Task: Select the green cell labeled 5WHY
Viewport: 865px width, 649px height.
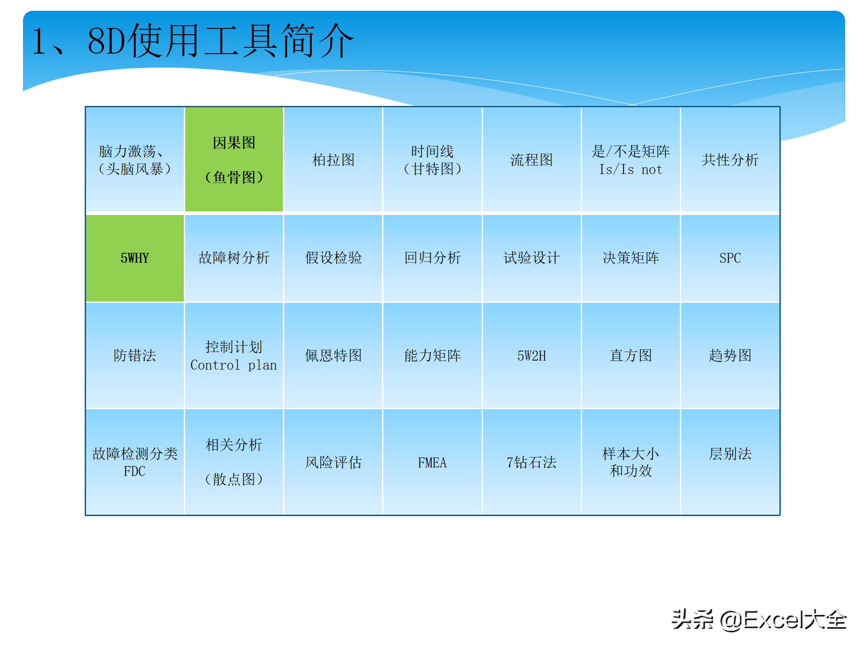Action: pyautogui.click(x=135, y=258)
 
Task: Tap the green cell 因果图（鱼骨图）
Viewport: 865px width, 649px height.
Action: pyautogui.click(x=234, y=159)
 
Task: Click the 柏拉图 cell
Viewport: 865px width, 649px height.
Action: pyautogui.click(x=333, y=159)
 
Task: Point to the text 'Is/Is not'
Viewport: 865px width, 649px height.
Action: pyautogui.click(x=630, y=169)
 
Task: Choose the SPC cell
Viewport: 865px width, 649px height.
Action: pyautogui.click(x=730, y=258)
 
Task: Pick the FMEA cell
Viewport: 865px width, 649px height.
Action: pyautogui.click(x=432, y=462)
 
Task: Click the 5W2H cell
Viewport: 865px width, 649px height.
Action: pyautogui.click(x=532, y=356)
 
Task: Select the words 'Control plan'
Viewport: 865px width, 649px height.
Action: pyautogui.click(x=234, y=365)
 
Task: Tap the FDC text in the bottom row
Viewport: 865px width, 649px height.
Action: pyautogui.click(x=135, y=471)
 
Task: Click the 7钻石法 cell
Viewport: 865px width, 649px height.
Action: pyautogui.click(x=532, y=462)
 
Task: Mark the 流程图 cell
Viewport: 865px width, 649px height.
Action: pyautogui.click(x=532, y=159)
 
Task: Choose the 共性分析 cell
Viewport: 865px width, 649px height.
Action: pyautogui.click(x=730, y=159)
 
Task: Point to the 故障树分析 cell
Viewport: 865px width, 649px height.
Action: pyautogui.click(x=234, y=258)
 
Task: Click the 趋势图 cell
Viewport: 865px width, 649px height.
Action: pyautogui.click(x=730, y=356)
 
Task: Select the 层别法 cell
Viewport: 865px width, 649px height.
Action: pyautogui.click(x=730, y=462)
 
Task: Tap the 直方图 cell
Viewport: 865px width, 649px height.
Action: pyautogui.click(x=631, y=356)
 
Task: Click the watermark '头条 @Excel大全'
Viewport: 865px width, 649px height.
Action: pyautogui.click(x=759, y=620)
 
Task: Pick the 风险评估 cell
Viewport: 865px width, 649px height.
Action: pyautogui.click(x=333, y=462)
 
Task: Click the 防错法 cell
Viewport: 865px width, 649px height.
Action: pyautogui.click(x=135, y=356)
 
